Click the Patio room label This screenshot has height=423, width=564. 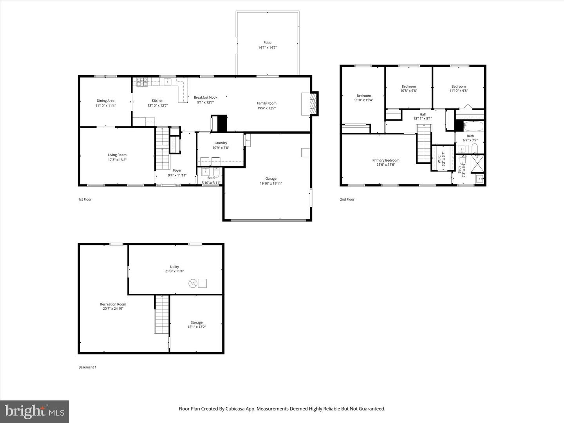[267, 43]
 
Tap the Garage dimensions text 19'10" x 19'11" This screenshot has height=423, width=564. [271, 183]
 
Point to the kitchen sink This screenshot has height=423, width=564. [167, 81]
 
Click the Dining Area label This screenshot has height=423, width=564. [105, 101]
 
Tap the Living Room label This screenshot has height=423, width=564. [117, 155]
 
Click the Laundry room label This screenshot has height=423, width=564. [221, 143]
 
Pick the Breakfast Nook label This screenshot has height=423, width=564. [205, 98]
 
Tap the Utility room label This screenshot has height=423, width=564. [174, 267]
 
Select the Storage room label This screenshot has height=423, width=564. [197, 322]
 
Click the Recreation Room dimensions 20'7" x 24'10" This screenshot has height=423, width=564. [113, 309]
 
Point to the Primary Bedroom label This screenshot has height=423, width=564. [386, 160]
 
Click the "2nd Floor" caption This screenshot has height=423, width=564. [347, 199]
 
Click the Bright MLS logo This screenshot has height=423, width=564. [34, 411]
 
